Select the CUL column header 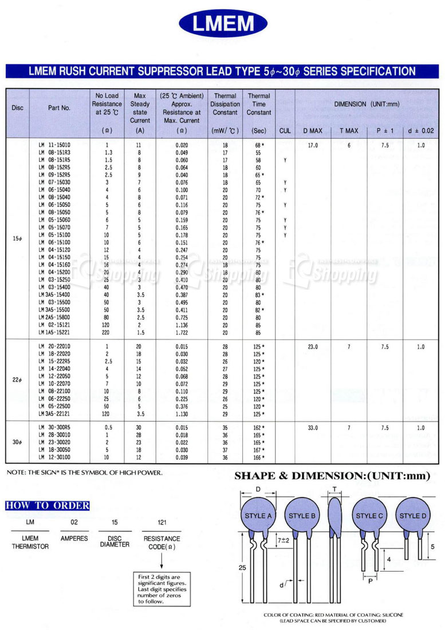[x=285, y=131]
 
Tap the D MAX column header [x=313, y=131]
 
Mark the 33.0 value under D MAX [x=313, y=427]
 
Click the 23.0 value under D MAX [x=313, y=346]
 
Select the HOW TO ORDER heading [x=48, y=505]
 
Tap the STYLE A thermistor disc [x=258, y=516]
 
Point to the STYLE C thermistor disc [x=369, y=516]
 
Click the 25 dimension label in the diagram [x=242, y=567]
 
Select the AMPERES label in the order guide [x=74, y=539]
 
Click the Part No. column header [x=59, y=108]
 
